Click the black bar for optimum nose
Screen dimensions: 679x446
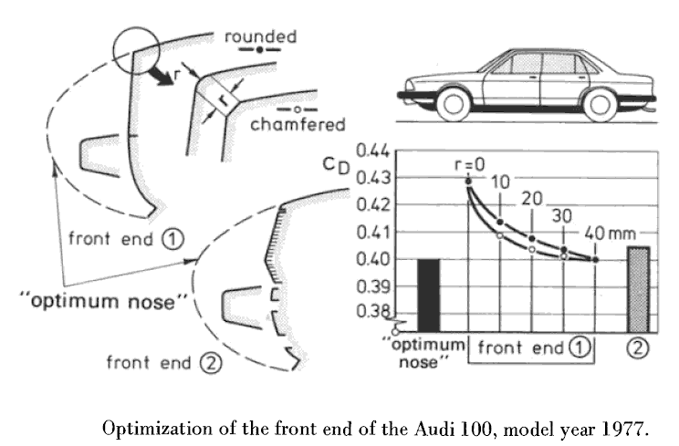point(428,296)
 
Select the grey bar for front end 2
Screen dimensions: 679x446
point(638,289)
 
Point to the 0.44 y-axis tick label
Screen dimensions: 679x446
point(373,151)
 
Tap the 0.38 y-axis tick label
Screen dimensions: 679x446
point(373,311)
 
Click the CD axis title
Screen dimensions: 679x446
point(336,165)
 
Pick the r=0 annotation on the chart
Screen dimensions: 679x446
point(470,164)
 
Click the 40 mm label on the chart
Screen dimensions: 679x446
point(610,233)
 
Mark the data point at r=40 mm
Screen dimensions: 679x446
point(595,260)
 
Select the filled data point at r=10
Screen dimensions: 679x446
point(500,222)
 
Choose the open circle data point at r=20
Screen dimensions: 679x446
point(532,249)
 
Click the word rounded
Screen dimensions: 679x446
point(261,36)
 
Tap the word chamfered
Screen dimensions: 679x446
point(298,125)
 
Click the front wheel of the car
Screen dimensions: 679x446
point(453,104)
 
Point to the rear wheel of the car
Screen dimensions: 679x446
point(600,105)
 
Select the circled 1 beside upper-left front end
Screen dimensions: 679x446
point(172,239)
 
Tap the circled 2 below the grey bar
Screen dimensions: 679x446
point(638,348)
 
